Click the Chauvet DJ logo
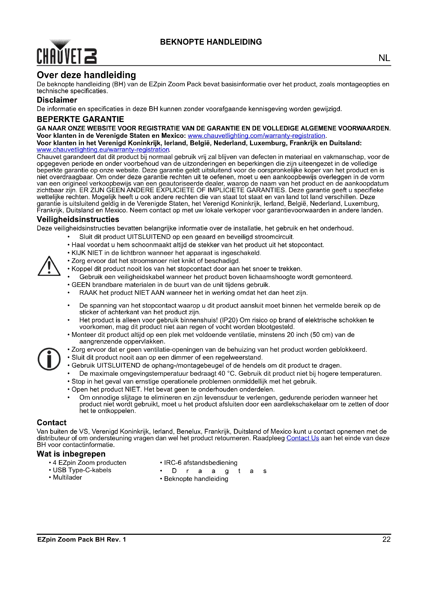click(x=67, y=52)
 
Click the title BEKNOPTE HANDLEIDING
click(x=211, y=42)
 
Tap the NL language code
click(x=384, y=58)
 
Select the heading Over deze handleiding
click(x=86, y=75)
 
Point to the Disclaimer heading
click(x=57, y=100)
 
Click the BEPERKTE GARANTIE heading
click(x=80, y=119)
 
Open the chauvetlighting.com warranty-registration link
click(x=256, y=136)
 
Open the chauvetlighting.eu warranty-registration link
click(x=103, y=150)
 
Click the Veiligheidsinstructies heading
click(x=78, y=220)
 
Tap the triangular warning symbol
click(x=49, y=266)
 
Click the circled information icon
click(x=49, y=359)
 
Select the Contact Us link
click(x=303, y=438)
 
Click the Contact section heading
click(x=52, y=422)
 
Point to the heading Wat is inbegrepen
click(x=71, y=454)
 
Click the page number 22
click(x=386, y=540)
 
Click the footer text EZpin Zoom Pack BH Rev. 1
click(x=82, y=540)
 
